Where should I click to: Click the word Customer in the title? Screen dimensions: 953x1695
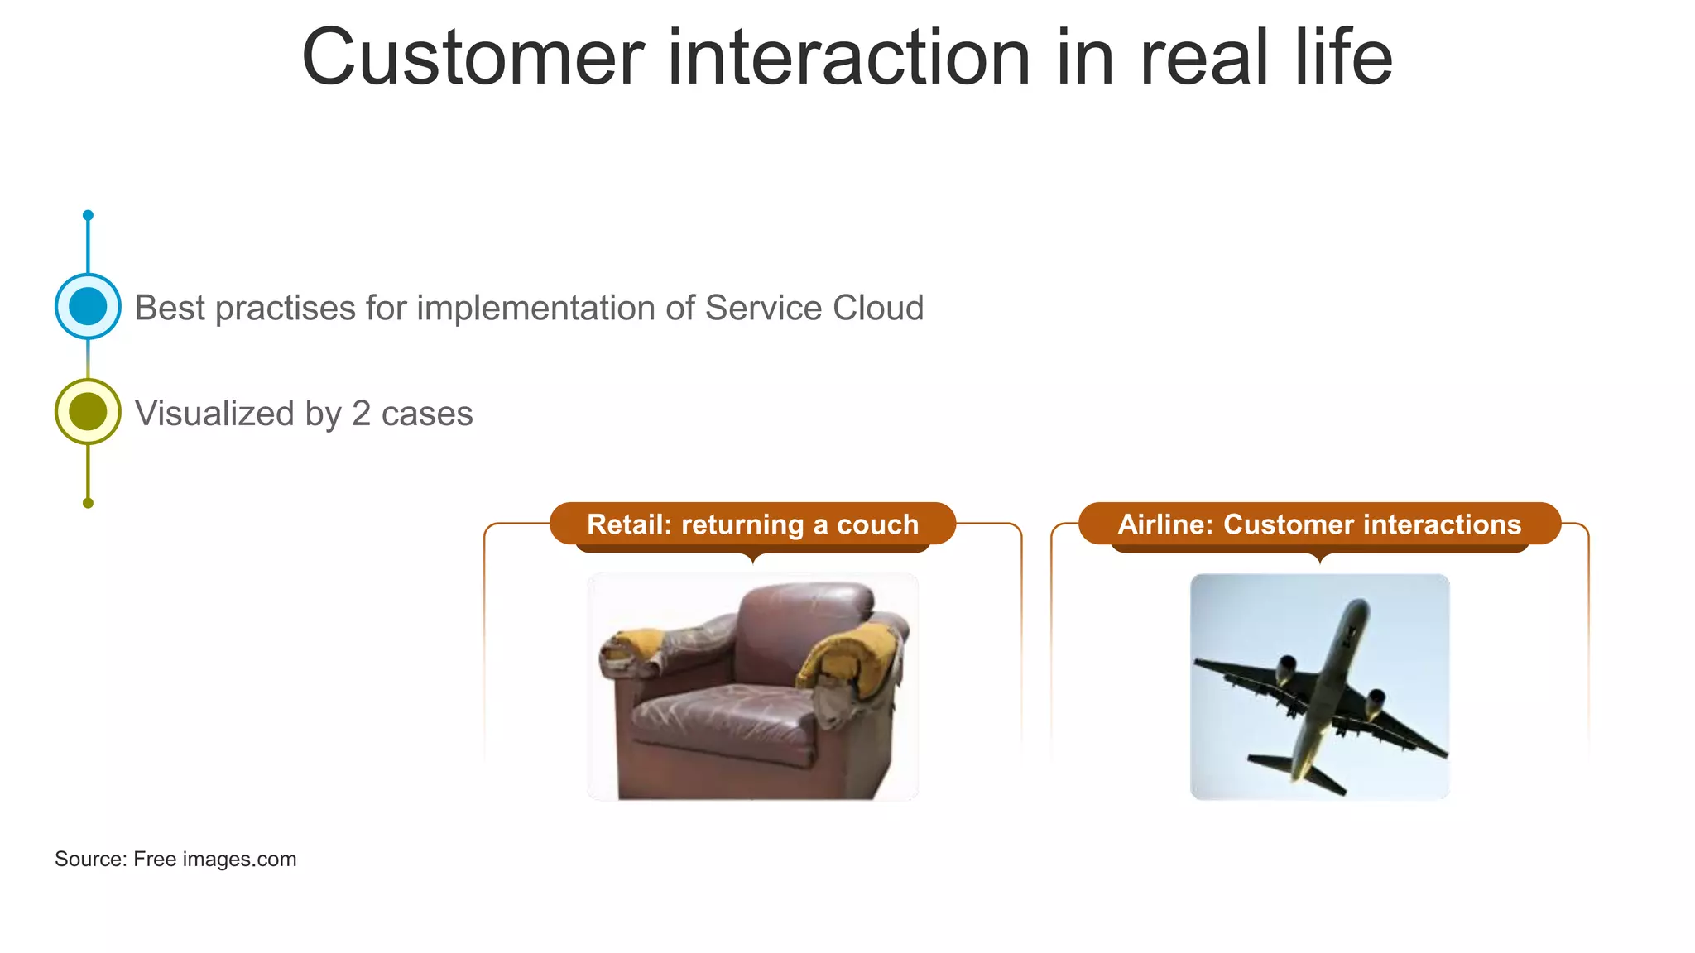pyautogui.click(x=472, y=58)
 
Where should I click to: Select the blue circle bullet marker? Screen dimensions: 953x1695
pyautogui.click(x=88, y=306)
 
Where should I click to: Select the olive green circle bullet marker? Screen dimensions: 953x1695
pyautogui.click(x=88, y=411)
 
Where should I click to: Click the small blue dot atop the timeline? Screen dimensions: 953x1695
pyautogui.click(x=88, y=215)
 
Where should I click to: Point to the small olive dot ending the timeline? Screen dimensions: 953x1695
pyautogui.click(x=88, y=503)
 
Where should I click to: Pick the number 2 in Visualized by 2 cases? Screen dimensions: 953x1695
pyautogui.click(x=361, y=414)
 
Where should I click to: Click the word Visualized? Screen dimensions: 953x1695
pyautogui.click(x=214, y=414)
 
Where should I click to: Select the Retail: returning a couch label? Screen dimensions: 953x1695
pyautogui.click(x=752, y=524)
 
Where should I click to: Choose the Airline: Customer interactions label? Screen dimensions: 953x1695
pyautogui.click(x=1319, y=524)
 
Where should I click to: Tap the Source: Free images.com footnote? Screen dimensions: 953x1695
pyautogui.click(x=175, y=859)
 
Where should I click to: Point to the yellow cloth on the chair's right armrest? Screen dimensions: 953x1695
pyautogui.click(x=852, y=658)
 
